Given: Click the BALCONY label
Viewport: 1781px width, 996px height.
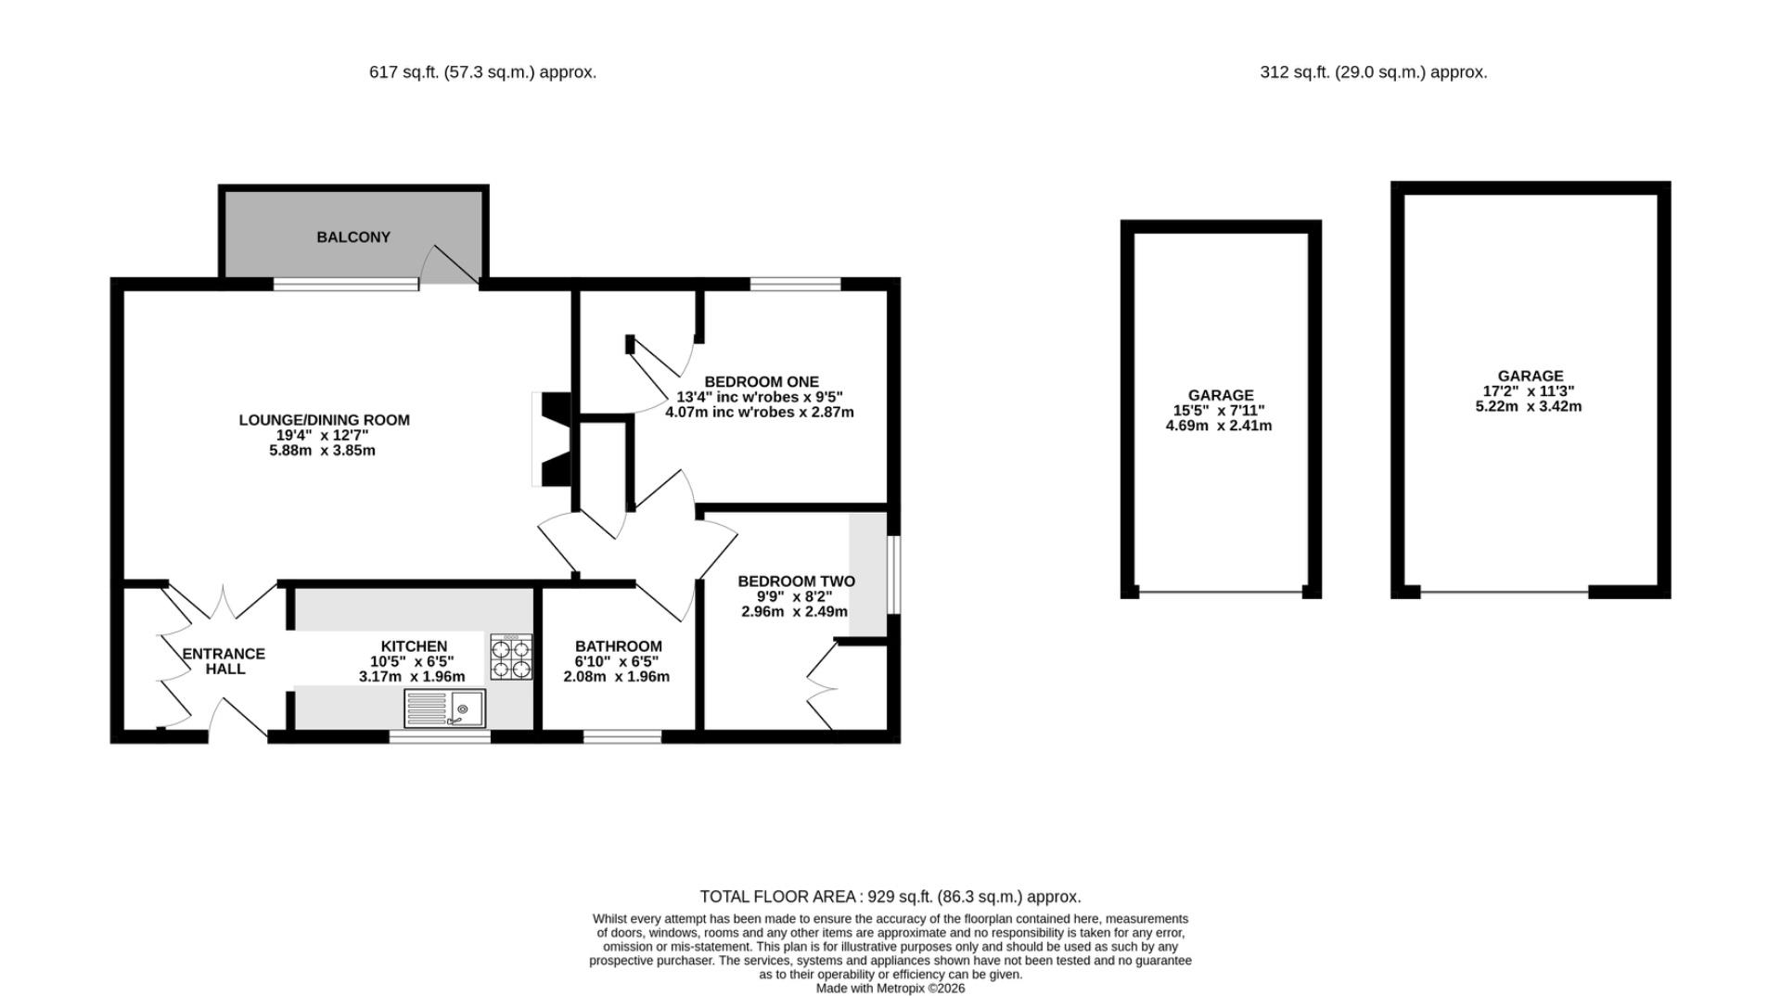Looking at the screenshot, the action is coord(353,237).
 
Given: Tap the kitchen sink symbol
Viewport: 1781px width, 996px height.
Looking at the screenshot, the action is coord(444,709).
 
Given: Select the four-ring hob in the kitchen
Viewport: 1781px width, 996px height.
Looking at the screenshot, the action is coord(511,658).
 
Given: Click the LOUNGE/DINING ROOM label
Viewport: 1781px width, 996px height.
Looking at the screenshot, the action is coord(324,420).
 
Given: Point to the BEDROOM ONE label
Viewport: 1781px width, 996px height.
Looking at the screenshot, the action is coord(762,382).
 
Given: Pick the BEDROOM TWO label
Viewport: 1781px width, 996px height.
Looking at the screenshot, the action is coord(796,581).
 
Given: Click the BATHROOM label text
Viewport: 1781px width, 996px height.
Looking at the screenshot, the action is coord(618,646).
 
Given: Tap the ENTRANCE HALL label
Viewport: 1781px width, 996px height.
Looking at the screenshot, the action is coord(224,661).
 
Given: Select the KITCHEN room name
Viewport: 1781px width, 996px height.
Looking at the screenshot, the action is coord(414,646).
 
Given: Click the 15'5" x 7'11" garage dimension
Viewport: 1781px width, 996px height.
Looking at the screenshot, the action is coord(1219,411).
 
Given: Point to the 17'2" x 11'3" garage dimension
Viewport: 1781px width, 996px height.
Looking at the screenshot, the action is coord(1529,391).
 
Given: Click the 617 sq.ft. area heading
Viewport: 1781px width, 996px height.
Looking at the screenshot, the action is coord(482,71).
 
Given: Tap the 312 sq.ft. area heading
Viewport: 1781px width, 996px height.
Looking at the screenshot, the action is coord(1373,71).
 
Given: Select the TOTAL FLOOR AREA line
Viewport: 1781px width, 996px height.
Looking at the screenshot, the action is coord(890,897).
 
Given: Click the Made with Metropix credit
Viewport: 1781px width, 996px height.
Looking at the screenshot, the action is coord(890,989).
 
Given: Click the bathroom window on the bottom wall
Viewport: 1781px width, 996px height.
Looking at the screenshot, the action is coord(622,737).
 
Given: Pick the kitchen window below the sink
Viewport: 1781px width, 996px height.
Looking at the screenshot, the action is coord(440,737).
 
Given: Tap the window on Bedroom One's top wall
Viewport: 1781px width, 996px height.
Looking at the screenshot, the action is coord(795,284).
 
